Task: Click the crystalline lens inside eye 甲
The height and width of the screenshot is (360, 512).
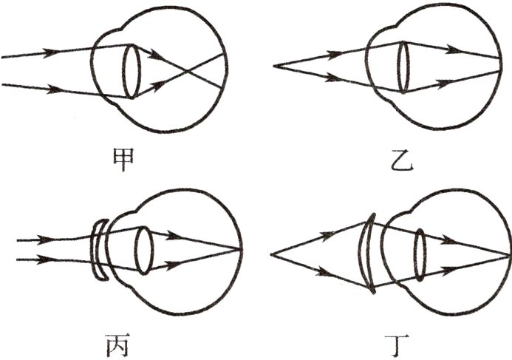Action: point(131,71)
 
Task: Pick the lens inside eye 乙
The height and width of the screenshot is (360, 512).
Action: point(403,67)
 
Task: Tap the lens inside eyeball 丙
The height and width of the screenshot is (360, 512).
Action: point(143,250)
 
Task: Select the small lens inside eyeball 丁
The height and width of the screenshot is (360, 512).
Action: point(420,254)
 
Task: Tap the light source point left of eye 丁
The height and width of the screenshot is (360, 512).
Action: point(271,255)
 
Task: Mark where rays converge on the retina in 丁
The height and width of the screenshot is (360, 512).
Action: point(509,254)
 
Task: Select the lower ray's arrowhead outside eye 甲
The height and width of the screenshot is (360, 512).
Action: point(55,89)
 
